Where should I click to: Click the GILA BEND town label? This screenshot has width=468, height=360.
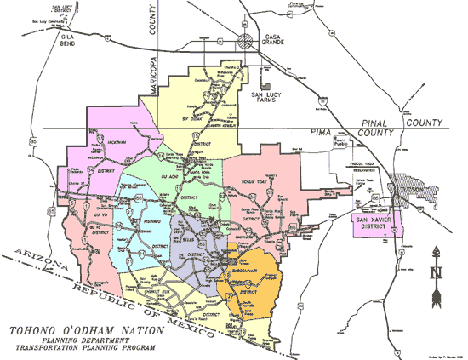67,41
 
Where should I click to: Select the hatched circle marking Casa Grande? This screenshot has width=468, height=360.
245,40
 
